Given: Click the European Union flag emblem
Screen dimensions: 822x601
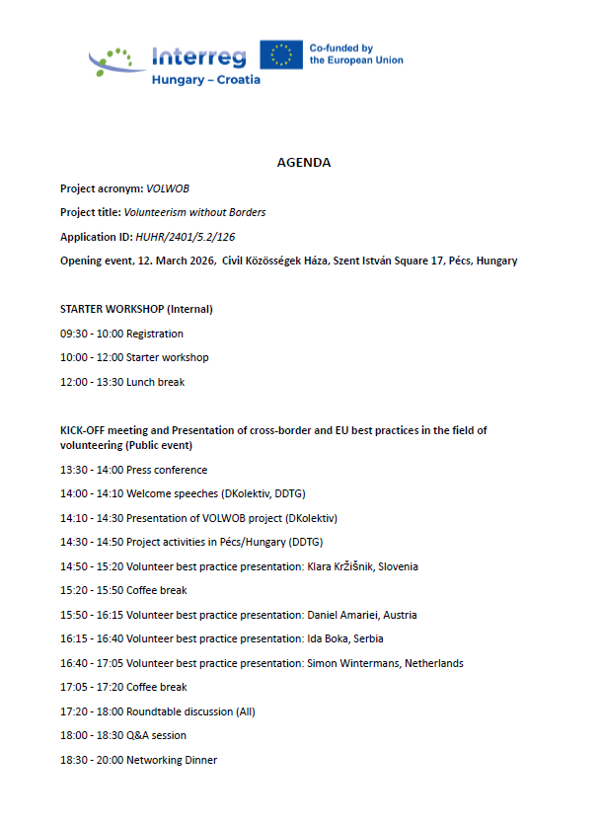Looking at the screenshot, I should tap(281, 54).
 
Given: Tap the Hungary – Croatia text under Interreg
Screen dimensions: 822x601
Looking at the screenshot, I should tap(205, 79).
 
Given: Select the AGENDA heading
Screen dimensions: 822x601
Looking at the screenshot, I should tap(303, 163).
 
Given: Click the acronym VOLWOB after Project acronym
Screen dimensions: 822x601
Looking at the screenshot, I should tap(167, 187).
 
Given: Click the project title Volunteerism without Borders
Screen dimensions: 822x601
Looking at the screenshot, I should tap(194, 212).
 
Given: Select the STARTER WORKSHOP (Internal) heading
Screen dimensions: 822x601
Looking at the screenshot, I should tap(136, 309).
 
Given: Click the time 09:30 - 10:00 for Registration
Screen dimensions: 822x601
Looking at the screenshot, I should tap(92, 334).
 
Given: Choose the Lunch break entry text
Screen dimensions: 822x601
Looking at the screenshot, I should tap(155, 382).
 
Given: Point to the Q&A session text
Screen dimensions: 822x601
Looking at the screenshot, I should tap(156, 735).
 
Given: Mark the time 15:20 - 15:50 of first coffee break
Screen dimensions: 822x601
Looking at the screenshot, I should tap(92, 590).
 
